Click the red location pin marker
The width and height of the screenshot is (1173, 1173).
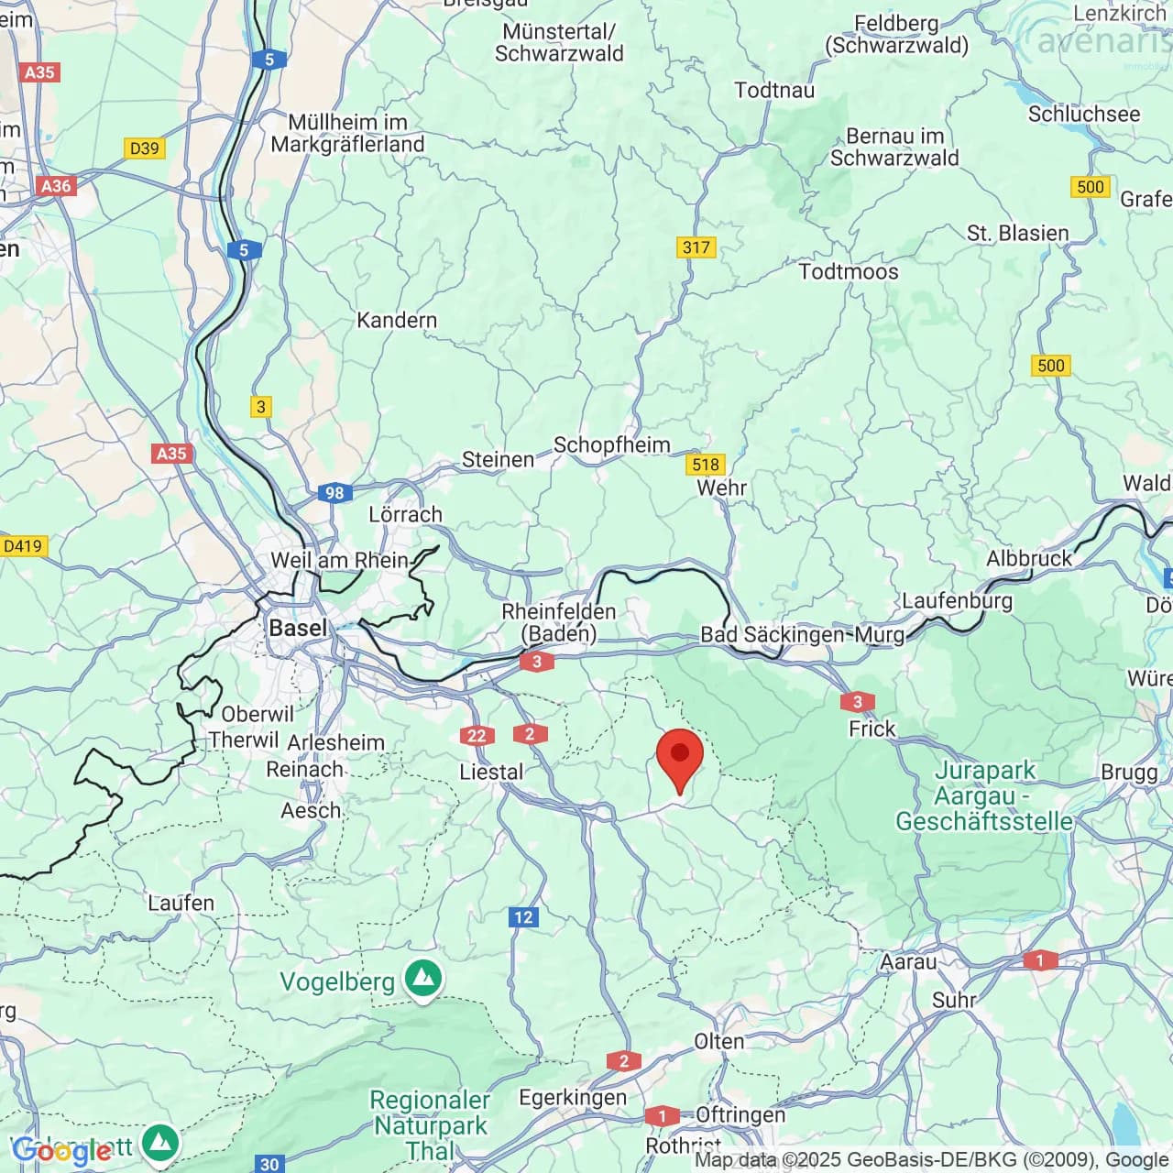[680, 757]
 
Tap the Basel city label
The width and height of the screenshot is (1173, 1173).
[298, 628]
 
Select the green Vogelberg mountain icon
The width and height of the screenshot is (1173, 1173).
[422, 978]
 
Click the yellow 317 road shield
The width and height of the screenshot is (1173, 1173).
[696, 247]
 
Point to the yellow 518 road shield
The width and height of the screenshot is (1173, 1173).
[705, 465]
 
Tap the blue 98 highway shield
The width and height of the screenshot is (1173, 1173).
[334, 493]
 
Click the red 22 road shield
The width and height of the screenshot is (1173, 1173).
[477, 735]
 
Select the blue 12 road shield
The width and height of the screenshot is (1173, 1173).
[523, 916]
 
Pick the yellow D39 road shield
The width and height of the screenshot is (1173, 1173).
[144, 148]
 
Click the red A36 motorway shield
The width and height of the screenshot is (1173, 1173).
[55, 186]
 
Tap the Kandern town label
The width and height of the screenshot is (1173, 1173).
[397, 320]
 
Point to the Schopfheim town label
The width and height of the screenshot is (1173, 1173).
[611, 444]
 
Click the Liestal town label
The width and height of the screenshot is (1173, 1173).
[491, 772]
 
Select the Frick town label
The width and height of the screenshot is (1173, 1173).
[872, 729]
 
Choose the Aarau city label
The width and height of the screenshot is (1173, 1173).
[908, 961]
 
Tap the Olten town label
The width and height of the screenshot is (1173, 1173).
[719, 1041]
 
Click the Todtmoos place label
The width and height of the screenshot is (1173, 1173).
[849, 271]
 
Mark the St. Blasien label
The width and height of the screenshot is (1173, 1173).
[1017, 233]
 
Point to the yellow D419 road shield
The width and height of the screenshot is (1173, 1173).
[23, 546]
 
